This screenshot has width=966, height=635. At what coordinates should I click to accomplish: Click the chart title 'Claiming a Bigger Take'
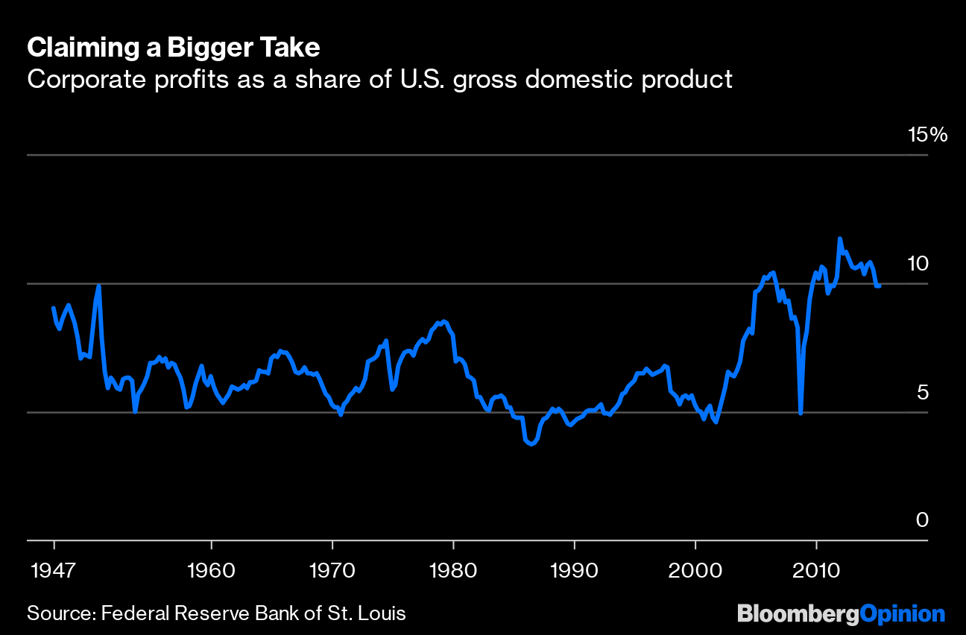coord(174,48)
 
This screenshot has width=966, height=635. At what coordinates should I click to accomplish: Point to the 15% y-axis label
coord(927,135)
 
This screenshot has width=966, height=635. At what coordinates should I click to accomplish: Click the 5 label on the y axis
coord(923,392)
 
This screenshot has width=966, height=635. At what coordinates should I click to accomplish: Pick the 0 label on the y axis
coord(923,519)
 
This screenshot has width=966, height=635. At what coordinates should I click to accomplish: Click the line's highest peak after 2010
coord(840,238)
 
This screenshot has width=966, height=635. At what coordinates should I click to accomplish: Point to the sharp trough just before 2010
coord(801,413)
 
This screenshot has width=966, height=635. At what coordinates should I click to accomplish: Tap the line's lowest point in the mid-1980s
coord(531,444)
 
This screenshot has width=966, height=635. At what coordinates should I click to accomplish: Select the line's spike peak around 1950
coord(98,285)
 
